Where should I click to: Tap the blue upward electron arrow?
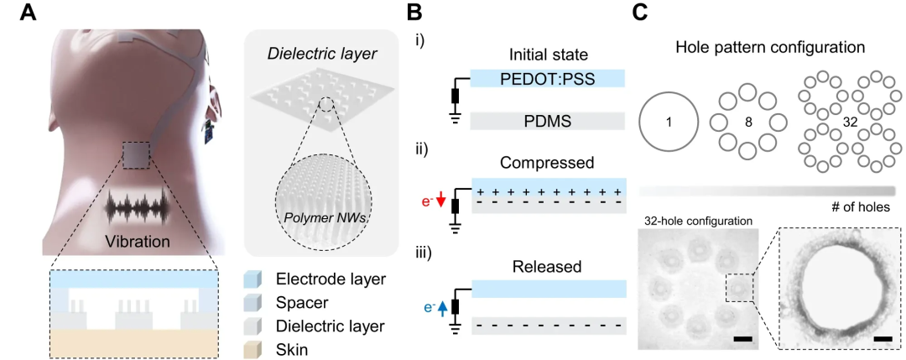[441, 308]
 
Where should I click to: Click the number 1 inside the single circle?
[669, 123]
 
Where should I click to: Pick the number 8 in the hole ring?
[747, 123]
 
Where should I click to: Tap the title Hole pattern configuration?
[770, 49]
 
